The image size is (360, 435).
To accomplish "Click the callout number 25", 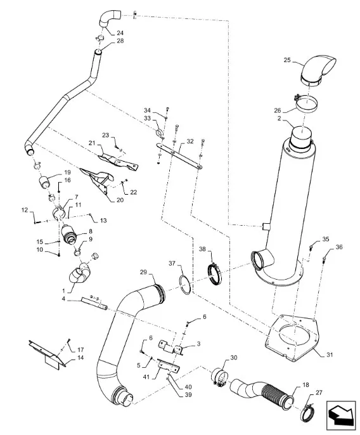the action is [x=287, y=60].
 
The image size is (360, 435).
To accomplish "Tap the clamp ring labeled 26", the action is [x=306, y=103].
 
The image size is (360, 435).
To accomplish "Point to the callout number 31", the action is [x=329, y=354].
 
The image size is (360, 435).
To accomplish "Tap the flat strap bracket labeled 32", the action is [x=179, y=155].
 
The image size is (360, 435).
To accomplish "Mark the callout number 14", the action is [x=80, y=358].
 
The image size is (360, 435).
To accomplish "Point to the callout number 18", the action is [x=305, y=385].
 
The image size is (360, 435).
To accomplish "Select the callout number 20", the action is [x=120, y=200].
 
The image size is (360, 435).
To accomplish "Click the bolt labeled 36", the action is [x=323, y=260].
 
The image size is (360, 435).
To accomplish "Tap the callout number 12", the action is [x=25, y=210].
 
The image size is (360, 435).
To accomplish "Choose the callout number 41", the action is [x=146, y=377].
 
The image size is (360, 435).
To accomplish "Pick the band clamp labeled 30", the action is [x=220, y=377].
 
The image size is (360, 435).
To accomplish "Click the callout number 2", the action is [x=280, y=119].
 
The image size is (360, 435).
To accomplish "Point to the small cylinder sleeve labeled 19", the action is [x=44, y=182].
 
